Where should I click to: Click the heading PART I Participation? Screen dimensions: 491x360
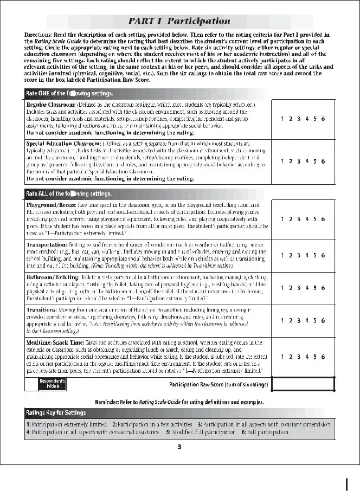click(179, 21)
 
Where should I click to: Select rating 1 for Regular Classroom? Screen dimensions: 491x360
click(282, 118)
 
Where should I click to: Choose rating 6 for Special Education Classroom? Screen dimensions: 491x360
click(323, 160)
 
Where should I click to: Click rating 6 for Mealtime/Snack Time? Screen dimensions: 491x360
click(323, 357)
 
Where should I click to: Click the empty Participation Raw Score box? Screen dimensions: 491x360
click(303, 384)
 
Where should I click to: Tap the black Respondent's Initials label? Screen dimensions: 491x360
click(52, 384)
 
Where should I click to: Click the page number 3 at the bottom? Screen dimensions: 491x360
click(179, 447)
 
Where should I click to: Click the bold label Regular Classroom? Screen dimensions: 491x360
click(51, 103)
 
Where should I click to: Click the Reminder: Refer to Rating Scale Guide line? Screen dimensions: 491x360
click(179, 402)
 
